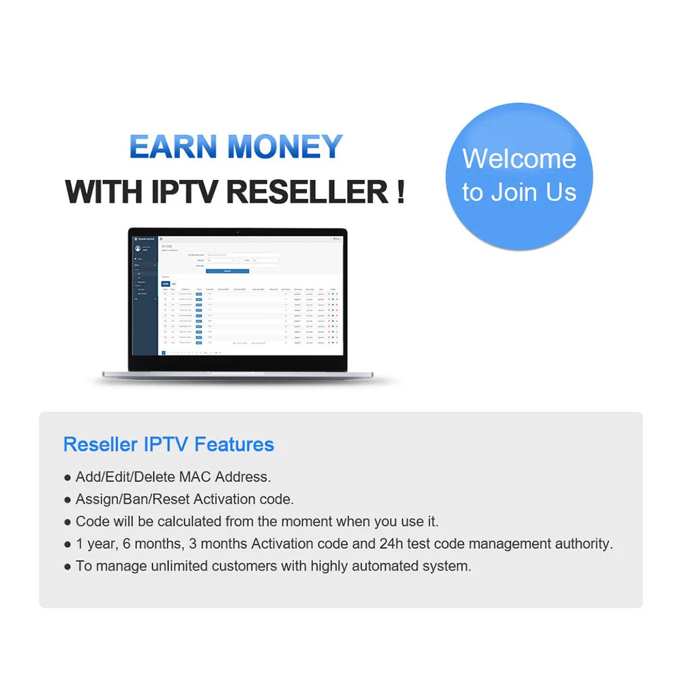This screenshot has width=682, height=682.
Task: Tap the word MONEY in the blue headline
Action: point(285,147)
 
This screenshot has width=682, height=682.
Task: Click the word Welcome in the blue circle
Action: point(519,159)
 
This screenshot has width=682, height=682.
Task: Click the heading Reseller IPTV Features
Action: point(168,445)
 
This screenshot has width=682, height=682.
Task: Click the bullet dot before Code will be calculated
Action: point(67,522)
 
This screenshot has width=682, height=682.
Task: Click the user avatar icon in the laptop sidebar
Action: point(138,249)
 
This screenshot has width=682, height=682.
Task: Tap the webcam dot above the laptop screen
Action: point(237,232)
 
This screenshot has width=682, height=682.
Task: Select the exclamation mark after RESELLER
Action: point(400,192)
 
